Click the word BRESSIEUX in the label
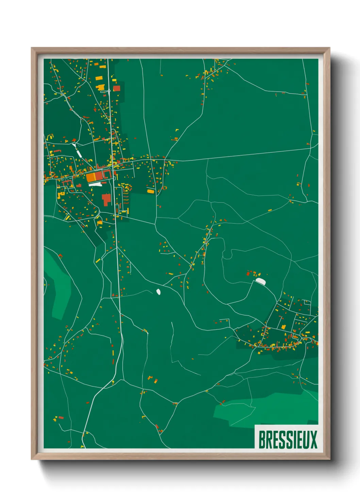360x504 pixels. [288, 440]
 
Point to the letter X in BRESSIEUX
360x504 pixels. [313, 440]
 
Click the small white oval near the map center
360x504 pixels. [158, 292]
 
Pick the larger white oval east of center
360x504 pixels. [261, 281]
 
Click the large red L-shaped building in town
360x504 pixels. [106, 199]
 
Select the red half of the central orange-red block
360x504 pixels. [99, 176]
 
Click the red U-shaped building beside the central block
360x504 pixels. [108, 174]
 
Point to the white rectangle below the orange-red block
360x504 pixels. [95, 184]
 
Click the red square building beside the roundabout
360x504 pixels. [117, 89]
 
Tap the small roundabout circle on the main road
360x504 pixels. [109, 91]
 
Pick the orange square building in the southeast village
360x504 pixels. [283, 327]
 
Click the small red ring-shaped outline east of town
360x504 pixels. [165, 188]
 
